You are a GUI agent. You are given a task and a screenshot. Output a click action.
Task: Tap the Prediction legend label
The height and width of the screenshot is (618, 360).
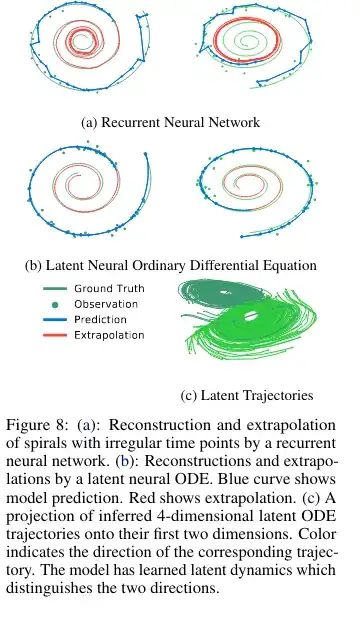[105, 318]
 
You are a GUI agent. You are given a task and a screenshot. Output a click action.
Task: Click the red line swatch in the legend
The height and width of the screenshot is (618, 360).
[54, 334]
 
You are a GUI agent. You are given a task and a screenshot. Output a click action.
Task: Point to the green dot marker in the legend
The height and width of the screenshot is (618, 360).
[54, 303]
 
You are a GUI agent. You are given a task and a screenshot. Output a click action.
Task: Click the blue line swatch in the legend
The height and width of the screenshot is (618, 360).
[54, 318]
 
